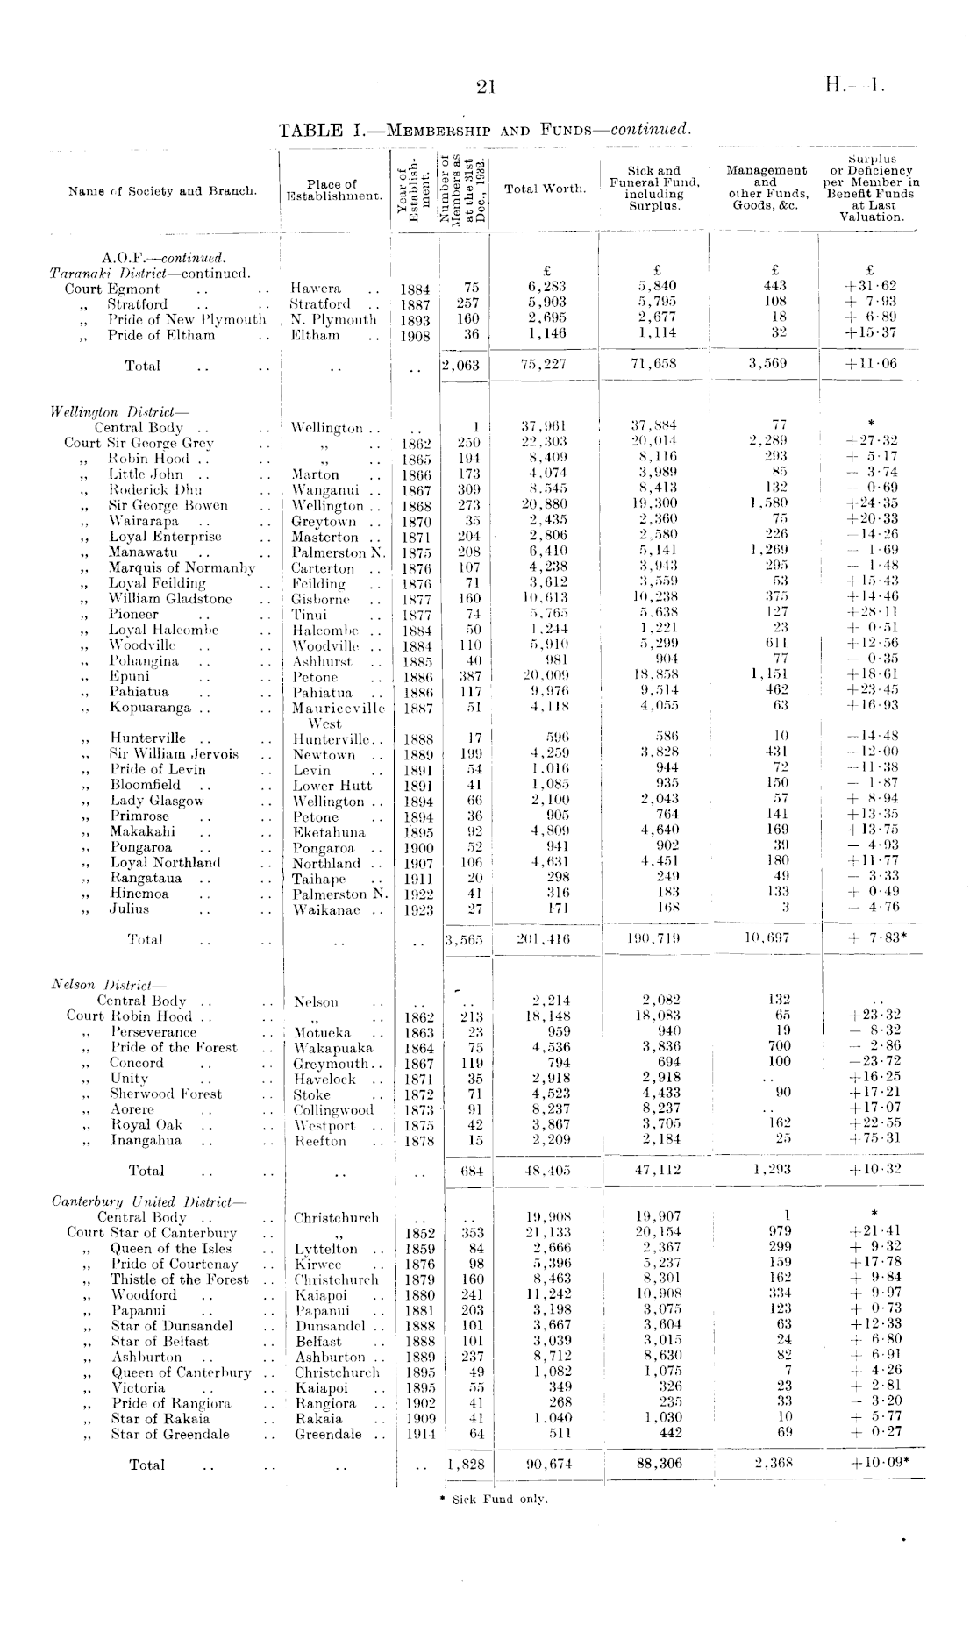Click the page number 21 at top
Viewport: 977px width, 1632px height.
(485, 86)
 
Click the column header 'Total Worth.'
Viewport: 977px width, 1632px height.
(546, 189)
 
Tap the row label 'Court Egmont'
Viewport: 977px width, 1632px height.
(112, 289)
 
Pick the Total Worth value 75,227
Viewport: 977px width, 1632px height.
(546, 365)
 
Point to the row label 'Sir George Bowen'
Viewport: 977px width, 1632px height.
(168, 505)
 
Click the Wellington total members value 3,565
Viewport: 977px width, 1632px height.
(465, 939)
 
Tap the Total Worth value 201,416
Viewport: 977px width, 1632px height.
(546, 939)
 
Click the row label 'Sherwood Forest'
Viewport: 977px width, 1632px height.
(166, 1094)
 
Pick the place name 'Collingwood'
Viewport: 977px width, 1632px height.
(333, 1109)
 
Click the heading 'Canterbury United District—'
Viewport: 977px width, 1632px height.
(149, 1201)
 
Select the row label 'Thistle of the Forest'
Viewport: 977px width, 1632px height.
(179, 1279)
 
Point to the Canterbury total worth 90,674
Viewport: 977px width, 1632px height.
(548, 1464)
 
